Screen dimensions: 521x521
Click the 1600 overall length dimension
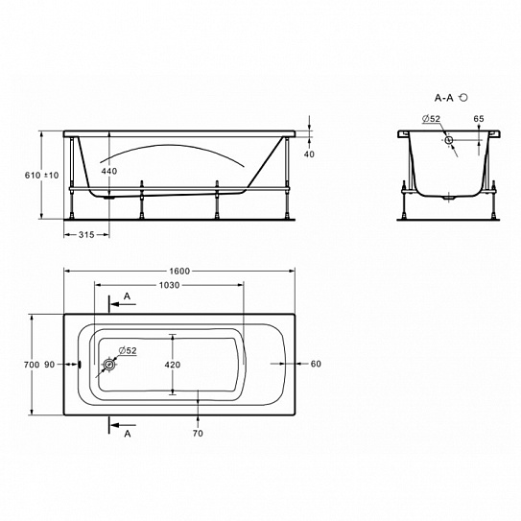coord(179,272)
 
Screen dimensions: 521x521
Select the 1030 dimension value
coord(169,285)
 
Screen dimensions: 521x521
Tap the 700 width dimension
coord(32,365)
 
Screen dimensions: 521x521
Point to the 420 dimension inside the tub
coord(173,365)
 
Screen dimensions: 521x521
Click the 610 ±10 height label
coord(42,176)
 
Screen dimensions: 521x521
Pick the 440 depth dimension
coord(109,171)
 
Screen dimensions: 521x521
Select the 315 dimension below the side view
coord(86,235)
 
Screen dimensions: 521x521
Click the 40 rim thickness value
coord(309,154)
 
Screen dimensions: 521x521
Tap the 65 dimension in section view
coord(479,119)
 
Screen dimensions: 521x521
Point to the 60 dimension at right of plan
coord(316,364)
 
